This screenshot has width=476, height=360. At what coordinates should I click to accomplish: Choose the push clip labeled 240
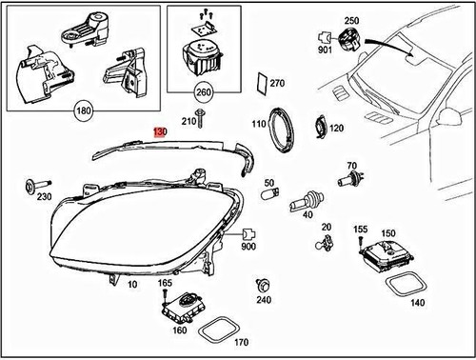tap(262, 285)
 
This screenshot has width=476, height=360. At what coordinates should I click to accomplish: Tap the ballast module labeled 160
tap(181, 307)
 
